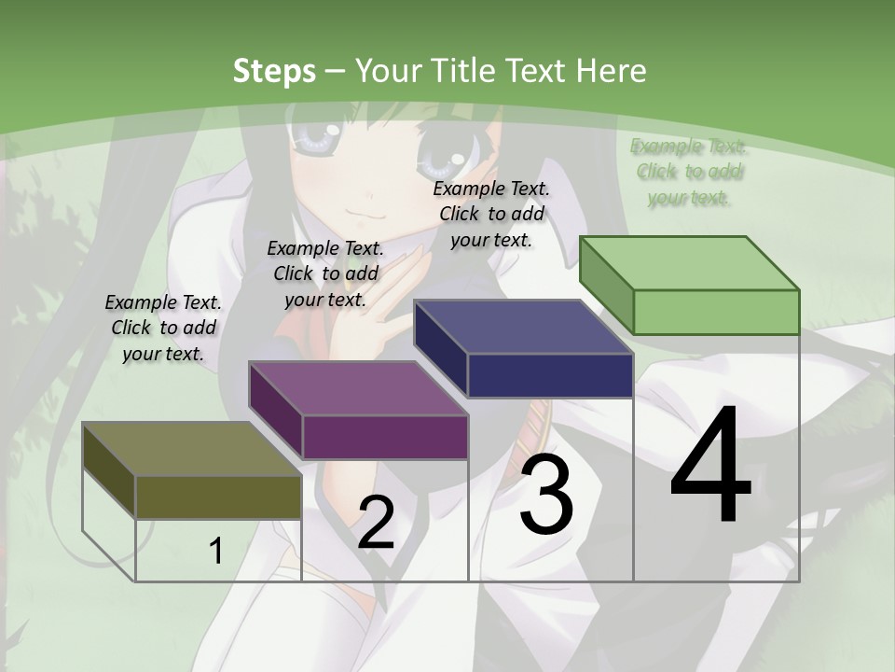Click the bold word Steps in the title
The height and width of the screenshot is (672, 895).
[274, 71]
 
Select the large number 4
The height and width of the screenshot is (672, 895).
[710, 466]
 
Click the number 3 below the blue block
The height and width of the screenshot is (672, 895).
[546, 495]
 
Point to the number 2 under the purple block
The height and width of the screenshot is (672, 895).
[376, 524]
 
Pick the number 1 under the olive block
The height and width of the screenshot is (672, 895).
[215, 552]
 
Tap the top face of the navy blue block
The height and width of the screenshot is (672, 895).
[524, 327]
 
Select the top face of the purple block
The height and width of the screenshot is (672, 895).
[358, 388]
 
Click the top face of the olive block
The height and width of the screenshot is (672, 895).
[192, 449]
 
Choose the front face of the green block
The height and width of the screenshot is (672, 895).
[716, 312]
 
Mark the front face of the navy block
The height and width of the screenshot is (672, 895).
[550, 375]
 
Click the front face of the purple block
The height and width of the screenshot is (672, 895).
[385, 437]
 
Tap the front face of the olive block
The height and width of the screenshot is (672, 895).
[218, 497]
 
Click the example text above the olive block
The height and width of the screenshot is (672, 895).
[163, 328]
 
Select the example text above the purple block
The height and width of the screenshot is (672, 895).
[325, 273]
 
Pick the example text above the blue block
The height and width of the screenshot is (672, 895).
[491, 214]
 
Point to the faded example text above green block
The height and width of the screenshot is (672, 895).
[688, 171]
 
